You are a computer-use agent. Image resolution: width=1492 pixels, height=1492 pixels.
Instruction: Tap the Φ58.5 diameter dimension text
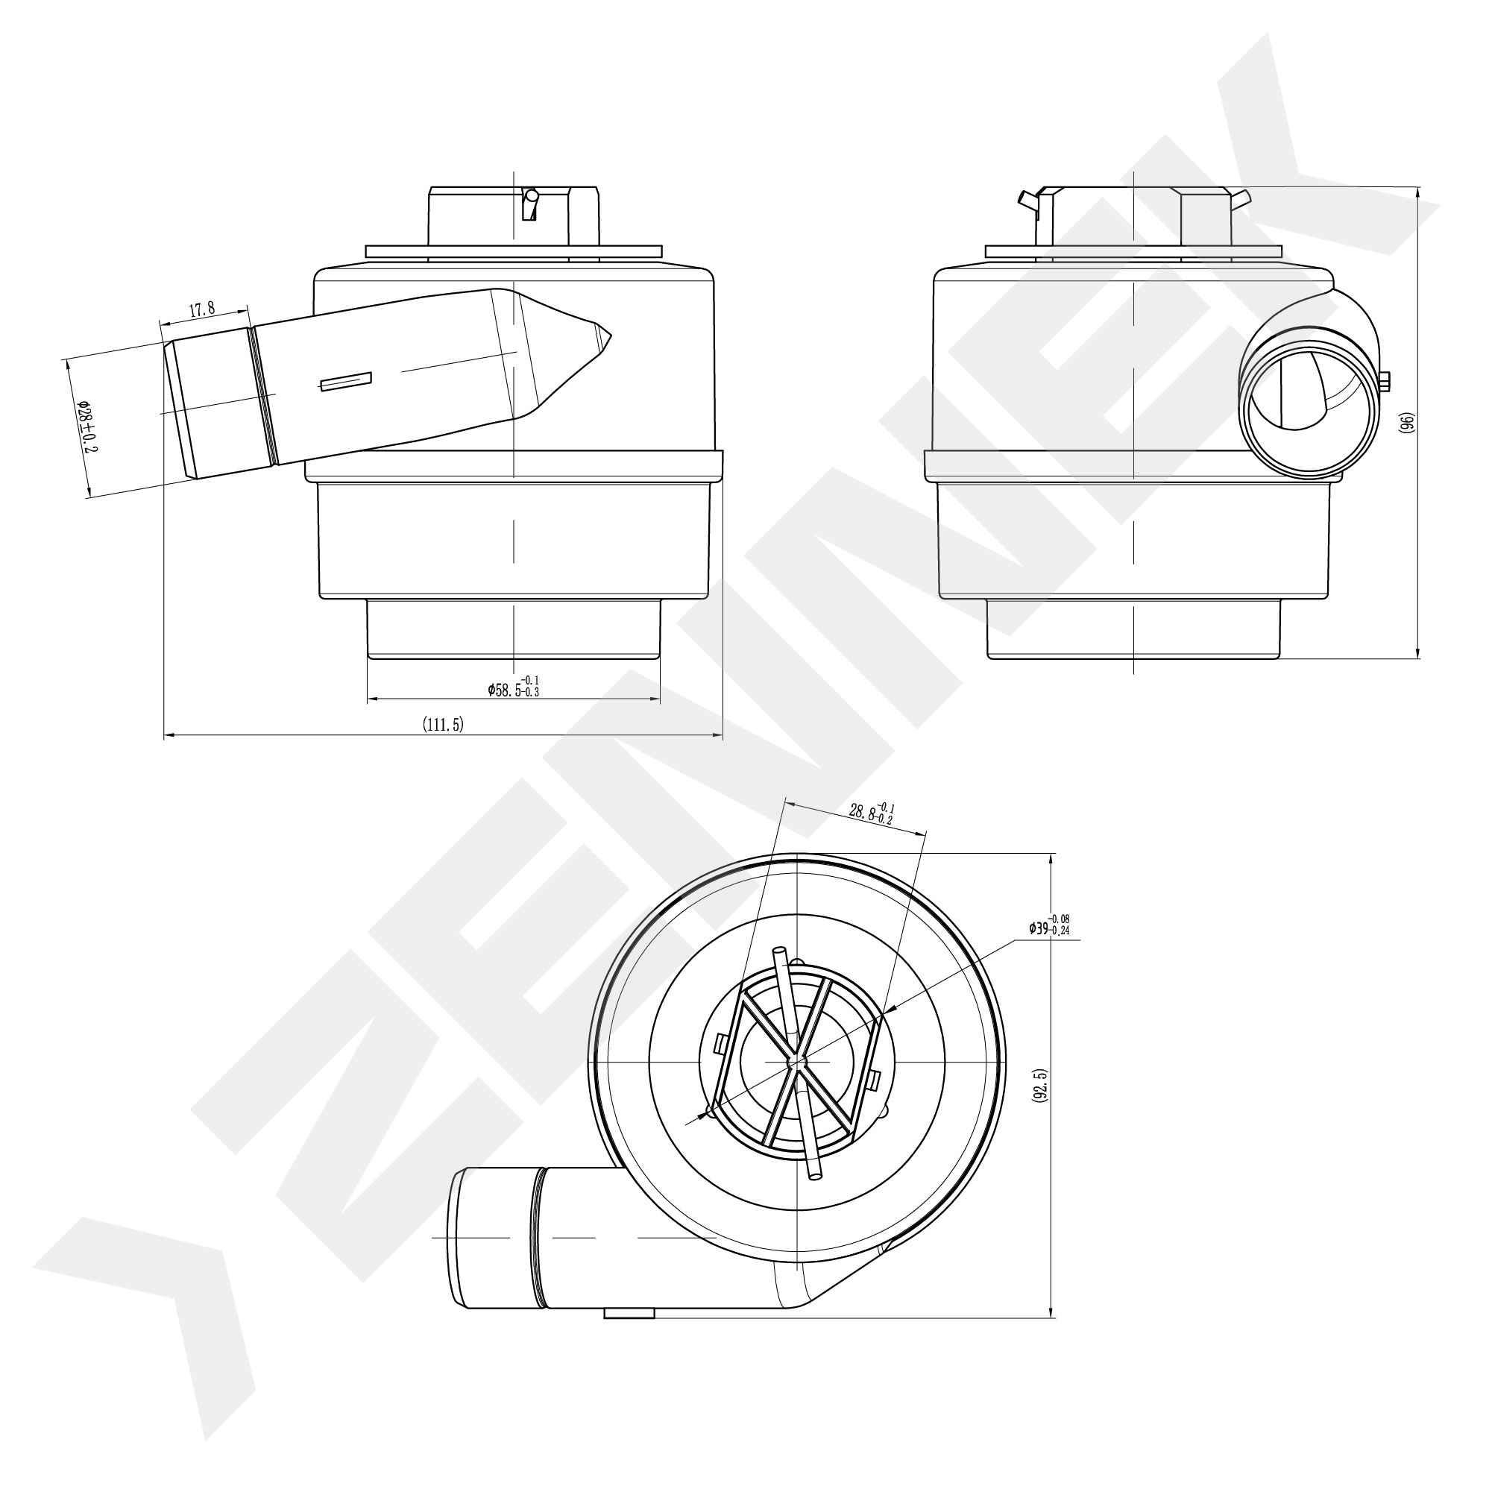coord(514,686)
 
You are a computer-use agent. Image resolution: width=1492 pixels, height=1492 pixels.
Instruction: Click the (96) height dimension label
coord(1406,422)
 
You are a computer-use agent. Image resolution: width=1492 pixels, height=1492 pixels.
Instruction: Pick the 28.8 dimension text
coord(871,812)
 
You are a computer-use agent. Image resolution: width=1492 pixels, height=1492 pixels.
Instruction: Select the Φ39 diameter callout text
coord(1048,925)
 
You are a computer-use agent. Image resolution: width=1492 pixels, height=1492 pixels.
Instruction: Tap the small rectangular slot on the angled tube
coord(346,382)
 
